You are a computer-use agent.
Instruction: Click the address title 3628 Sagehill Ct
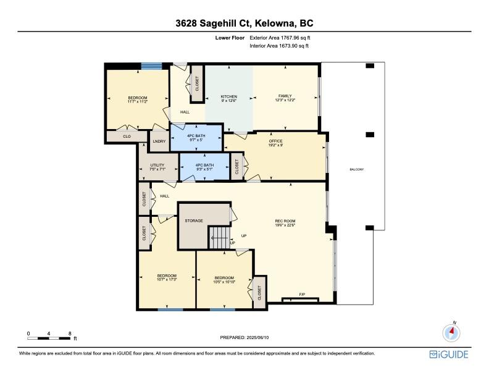(244, 23)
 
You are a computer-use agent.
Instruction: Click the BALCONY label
(357, 170)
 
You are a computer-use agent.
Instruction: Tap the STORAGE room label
(194, 220)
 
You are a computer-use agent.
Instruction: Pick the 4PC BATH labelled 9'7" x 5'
(196, 137)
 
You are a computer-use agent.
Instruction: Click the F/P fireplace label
(302, 294)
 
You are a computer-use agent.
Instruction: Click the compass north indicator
(452, 332)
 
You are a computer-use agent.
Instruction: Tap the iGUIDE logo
(449, 354)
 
